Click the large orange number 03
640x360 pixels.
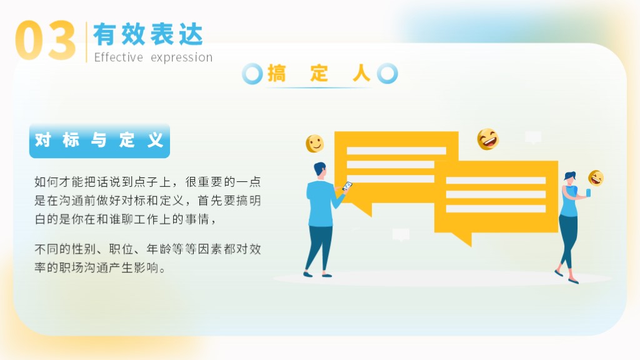coord(45,41)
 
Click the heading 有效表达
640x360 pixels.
coord(148,34)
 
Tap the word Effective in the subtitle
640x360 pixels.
coord(118,57)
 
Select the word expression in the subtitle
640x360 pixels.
coord(182,58)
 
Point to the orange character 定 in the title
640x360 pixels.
coord(319,74)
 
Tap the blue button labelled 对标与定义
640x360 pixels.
coord(99,141)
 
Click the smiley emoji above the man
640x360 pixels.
coord(315,144)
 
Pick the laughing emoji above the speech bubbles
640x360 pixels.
coord(487,139)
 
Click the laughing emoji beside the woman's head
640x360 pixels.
coord(596,178)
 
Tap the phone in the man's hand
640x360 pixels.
coord(347,186)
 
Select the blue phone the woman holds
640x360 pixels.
coord(588,192)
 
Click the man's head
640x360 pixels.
coord(320,169)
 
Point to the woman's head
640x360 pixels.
coord(570,177)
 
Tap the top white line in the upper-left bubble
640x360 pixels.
coord(396,151)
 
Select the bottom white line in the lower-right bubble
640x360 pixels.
coord(496,209)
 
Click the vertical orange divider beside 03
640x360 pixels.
coord(86,42)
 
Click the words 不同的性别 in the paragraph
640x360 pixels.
coord(65,249)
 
